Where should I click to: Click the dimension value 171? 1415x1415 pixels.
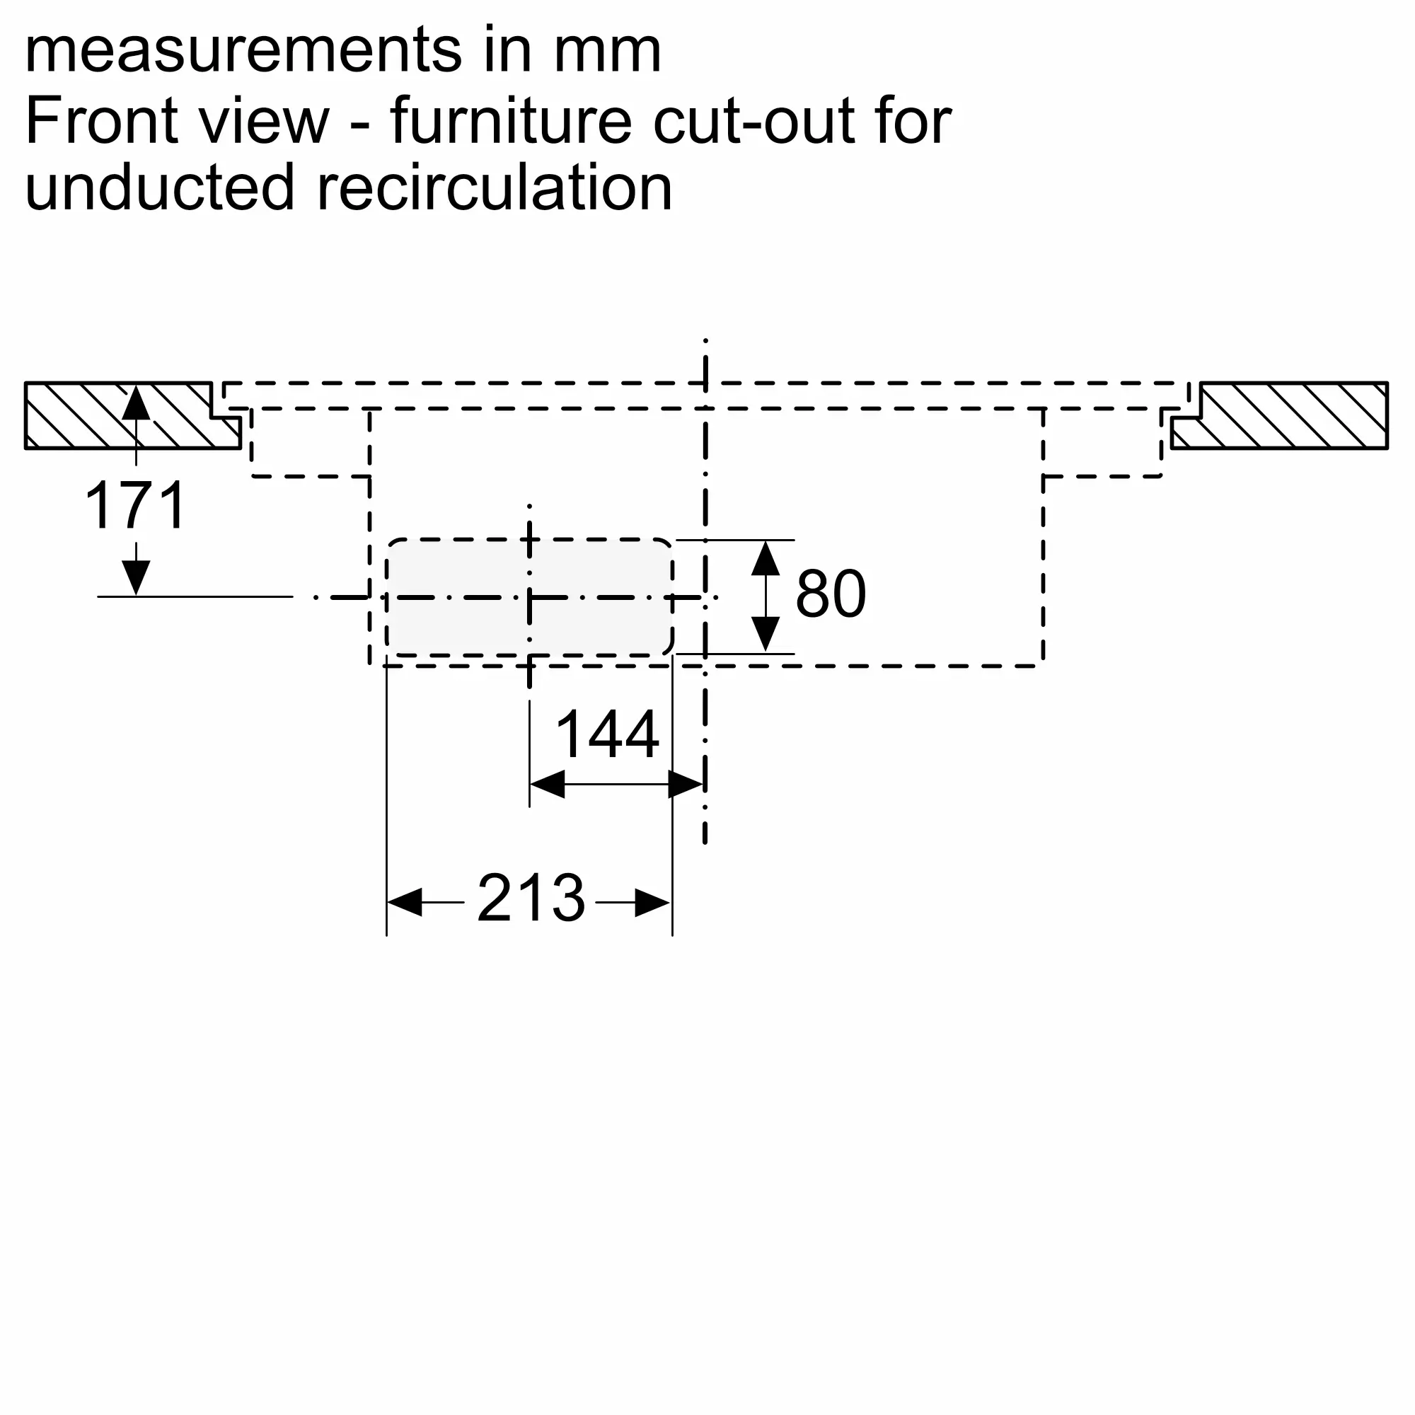point(137,505)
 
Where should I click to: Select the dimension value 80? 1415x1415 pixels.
point(831,594)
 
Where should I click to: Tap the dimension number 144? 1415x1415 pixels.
point(607,734)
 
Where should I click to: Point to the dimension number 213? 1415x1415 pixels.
point(531,898)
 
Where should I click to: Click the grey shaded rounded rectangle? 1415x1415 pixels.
point(529,597)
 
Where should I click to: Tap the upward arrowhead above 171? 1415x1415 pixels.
point(137,403)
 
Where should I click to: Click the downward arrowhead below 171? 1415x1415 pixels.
point(137,578)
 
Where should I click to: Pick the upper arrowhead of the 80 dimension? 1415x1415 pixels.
point(766,558)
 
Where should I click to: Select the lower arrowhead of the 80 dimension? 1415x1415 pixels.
point(766,634)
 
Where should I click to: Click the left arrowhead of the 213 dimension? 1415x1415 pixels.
point(404,902)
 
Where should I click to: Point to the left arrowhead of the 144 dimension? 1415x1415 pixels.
point(547,785)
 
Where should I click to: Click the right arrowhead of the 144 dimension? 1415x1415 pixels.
point(686,785)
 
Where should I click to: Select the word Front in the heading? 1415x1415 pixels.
point(100,120)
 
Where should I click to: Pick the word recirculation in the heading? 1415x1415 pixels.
point(495,187)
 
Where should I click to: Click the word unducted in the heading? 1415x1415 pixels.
point(160,187)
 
